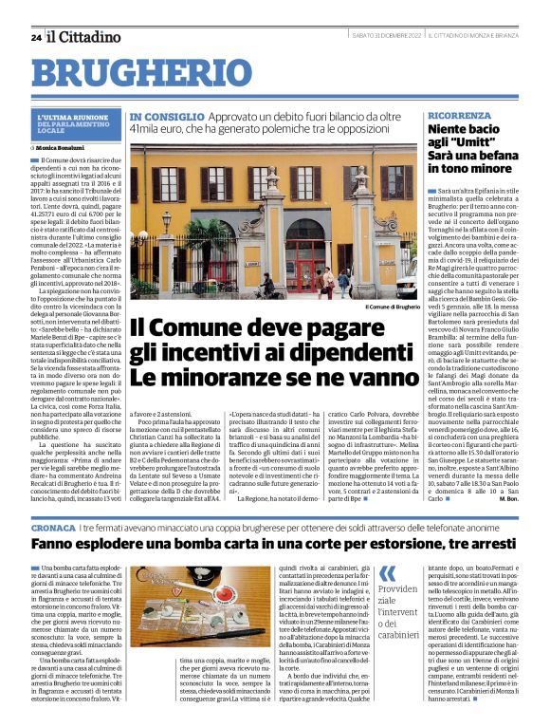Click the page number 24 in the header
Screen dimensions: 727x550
tap(35, 37)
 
